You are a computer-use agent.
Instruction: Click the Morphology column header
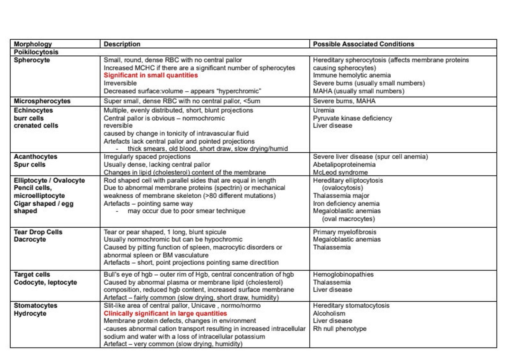(x=33, y=44)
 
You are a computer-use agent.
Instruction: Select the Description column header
(x=122, y=44)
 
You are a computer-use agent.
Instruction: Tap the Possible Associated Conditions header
(x=363, y=44)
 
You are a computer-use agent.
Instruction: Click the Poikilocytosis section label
(x=36, y=52)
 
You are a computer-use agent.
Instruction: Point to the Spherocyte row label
(x=32, y=60)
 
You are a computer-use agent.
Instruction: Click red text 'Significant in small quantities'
(x=151, y=75)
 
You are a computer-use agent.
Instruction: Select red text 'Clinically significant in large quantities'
(x=165, y=314)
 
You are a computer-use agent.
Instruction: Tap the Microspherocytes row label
(x=42, y=101)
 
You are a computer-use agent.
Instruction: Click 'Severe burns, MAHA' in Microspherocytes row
(x=344, y=101)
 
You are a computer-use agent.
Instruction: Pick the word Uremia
(x=323, y=110)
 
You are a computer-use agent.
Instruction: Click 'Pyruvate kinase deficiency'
(x=352, y=118)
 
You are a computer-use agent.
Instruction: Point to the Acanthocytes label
(x=35, y=157)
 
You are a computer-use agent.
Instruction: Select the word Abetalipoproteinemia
(x=344, y=165)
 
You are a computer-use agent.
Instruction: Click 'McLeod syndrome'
(x=340, y=172)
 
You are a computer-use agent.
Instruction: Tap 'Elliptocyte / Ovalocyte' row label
(x=49, y=181)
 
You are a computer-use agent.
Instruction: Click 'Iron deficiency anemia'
(x=346, y=204)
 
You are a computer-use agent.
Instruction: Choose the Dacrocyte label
(x=30, y=240)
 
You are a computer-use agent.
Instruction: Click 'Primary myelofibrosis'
(x=344, y=232)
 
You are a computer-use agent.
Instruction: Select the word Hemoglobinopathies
(x=343, y=275)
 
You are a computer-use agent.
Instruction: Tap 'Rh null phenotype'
(x=339, y=329)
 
